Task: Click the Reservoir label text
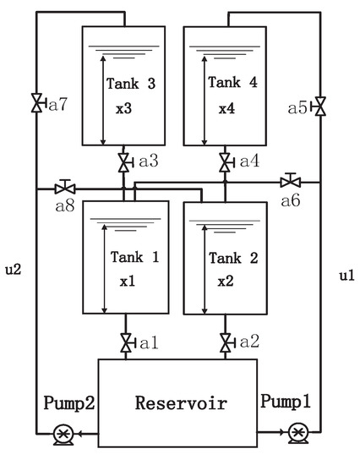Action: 181,403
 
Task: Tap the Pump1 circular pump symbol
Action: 297,433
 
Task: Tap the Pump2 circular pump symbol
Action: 64,433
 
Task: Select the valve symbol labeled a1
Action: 126,342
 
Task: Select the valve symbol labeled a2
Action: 226,342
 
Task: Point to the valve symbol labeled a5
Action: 319,107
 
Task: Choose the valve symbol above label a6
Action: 290,180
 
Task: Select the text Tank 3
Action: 127,83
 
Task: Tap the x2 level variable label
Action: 225,281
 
